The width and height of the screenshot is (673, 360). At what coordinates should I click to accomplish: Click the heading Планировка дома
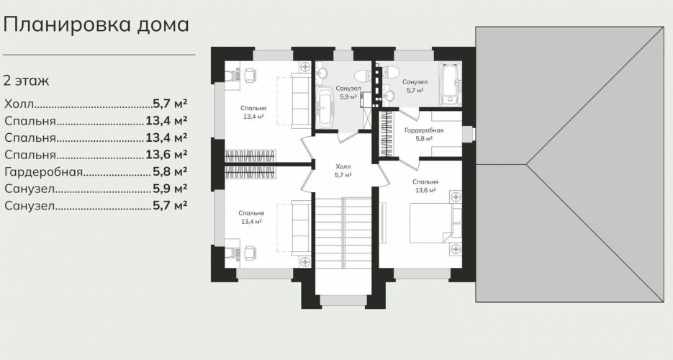click(x=96, y=25)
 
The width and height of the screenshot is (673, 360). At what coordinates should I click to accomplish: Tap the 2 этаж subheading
click(x=26, y=81)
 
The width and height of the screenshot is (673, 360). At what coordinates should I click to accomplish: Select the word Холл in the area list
click(x=19, y=104)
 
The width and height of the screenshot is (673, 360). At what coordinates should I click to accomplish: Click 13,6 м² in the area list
click(x=166, y=155)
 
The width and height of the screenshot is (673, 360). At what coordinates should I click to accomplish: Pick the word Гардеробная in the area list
click(x=43, y=172)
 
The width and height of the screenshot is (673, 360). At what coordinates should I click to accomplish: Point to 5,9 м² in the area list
click(x=170, y=189)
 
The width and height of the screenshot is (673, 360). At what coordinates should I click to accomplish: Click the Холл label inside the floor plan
click(x=343, y=166)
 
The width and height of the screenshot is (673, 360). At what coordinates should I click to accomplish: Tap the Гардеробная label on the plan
click(x=424, y=130)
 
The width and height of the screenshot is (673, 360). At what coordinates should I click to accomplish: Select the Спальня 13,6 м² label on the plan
click(x=425, y=186)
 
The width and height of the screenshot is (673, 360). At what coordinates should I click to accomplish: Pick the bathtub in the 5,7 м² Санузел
click(x=450, y=84)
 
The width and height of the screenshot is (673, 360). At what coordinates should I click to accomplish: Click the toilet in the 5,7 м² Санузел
click(x=389, y=71)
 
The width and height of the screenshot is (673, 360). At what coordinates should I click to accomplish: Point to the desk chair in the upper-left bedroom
click(x=249, y=75)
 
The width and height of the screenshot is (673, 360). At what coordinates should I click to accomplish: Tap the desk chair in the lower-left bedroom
click(x=249, y=252)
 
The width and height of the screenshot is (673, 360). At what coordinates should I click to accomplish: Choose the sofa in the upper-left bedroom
click(x=301, y=100)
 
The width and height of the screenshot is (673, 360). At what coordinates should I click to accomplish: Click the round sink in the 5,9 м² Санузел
click(x=322, y=73)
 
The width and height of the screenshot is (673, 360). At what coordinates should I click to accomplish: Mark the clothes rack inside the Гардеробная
click(x=387, y=134)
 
